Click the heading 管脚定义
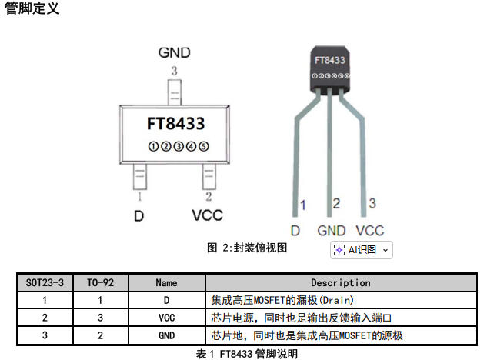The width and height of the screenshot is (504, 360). pos(32,9)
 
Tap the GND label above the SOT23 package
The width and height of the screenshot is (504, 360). pos(174,53)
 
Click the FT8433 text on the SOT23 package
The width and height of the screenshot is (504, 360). pos(175,123)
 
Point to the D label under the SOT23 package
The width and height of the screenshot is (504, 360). pos(139,216)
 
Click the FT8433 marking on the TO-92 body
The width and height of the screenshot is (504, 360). pos(329,59)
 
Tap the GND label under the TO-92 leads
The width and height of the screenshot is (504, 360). pos(332,230)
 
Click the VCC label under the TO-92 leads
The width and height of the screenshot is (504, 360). pos(370,230)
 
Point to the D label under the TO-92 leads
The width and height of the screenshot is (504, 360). pos(295,230)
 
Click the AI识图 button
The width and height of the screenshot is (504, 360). pos(362,249)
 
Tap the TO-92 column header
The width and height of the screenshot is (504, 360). pos(100,282)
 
